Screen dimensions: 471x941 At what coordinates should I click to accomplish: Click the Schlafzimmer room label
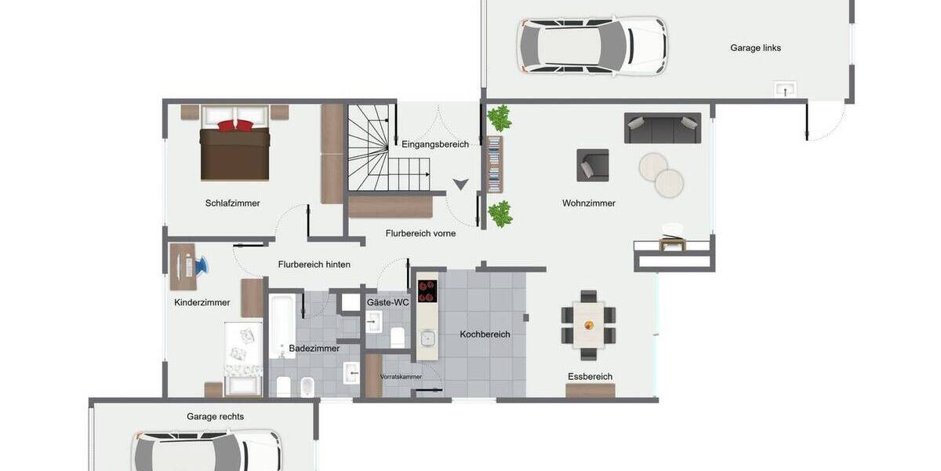(x=232, y=203)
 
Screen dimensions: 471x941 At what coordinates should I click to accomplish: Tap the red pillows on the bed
(x=235, y=125)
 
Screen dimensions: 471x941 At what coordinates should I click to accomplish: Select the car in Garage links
(x=593, y=46)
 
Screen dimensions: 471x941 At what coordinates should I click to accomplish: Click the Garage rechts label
(x=215, y=417)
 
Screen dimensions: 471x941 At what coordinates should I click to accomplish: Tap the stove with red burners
(x=427, y=291)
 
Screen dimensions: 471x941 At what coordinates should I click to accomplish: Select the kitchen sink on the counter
(x=427, y=338)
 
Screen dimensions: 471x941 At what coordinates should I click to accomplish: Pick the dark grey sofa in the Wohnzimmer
(x=663, y=128)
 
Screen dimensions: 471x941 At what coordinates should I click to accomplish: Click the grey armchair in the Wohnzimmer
(x=592, y=165)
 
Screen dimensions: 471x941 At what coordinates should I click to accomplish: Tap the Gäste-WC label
(x=387, y=302)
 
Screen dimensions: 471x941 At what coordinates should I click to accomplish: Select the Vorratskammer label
(x=401, y=377)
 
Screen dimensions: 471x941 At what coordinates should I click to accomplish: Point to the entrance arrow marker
(x=460, y=184)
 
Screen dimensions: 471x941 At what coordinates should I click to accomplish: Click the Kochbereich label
(x=485, y=334)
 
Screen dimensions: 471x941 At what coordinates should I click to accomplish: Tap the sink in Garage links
(x=784, y=89)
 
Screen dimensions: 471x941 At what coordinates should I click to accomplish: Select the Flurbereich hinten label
(x=314, y=265)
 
